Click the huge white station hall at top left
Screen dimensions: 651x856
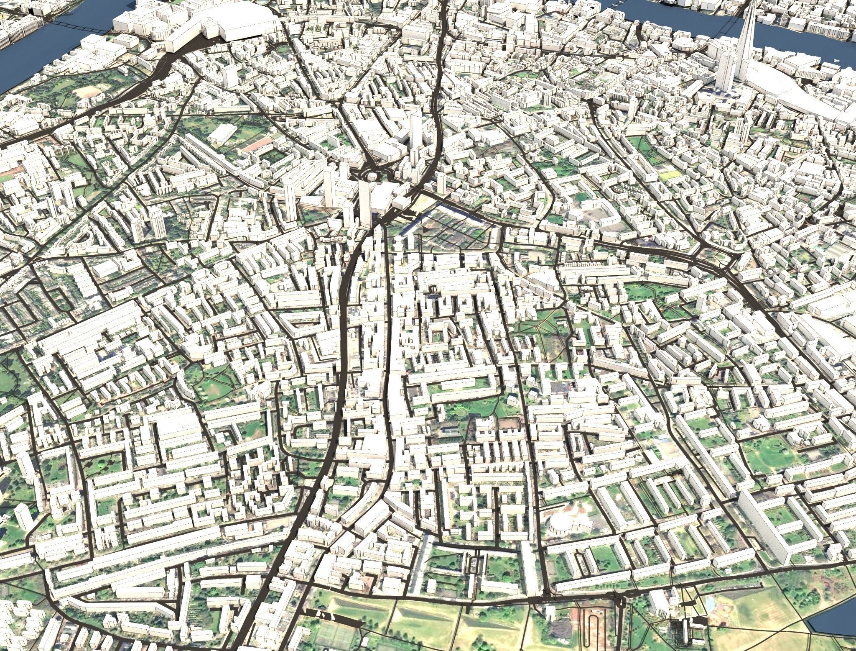tap(242, 23)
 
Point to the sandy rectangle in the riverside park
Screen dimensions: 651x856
tap(90, 93)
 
